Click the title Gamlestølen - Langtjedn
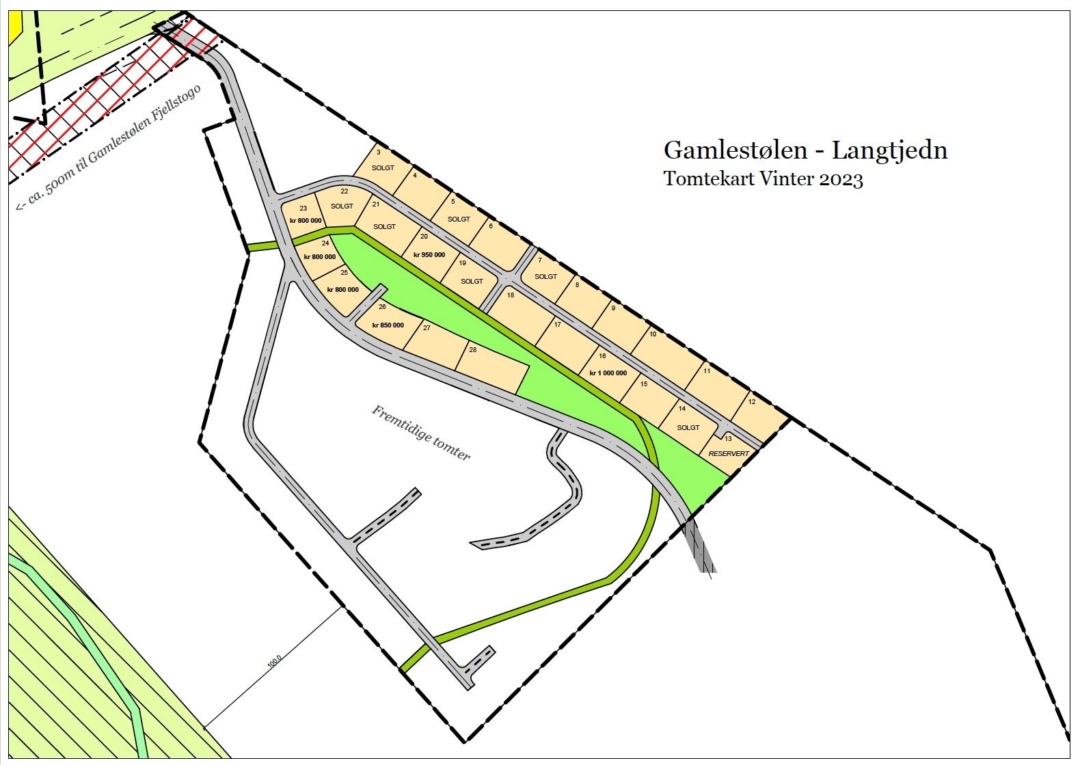pyautogui.click(x=805, y=150)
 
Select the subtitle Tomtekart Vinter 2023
pyautogui.click(x=763, y=179)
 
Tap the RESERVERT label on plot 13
pyautogui.click(x=729, y=453)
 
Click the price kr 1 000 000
pyautogui.click(x=608, y=373)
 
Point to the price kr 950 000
pyautogui.click(x=429, y=255)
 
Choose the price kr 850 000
pyautogui.click(x=388, y=325)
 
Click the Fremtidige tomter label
pyautogui.click(x=421, y=433)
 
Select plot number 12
pyautogui.click(x=752, y=402)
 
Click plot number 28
pyautogui.click(x=472, y=350)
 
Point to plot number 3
pyautogui.click(x=379, y=152)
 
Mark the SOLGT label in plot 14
pyautogui.click(x=688, y=428)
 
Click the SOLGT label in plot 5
pyautogui.click(x=459, y=219)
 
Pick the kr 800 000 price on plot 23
pyautogui.click(x=306, y=221)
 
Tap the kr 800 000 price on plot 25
pyautogui.click(x=342, y=290)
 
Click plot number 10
pyautogui.click(x=653, y=334)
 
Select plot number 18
pyautogui.click(x=511, y=295)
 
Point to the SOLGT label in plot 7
pyautogui.click(x=545, y=277)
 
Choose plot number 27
pyautogui.click(x=427, y=328)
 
